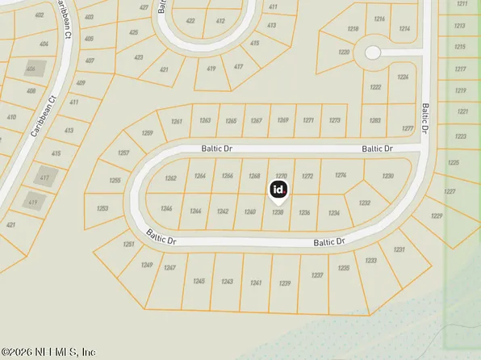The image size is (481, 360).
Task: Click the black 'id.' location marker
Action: pyautogui.click(x=278, y=190)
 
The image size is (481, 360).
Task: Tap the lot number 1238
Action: pyautogui.click(x=278, y=212)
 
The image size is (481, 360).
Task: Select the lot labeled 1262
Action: pyautogui.click(x=170, y=178)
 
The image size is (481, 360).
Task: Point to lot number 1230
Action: pyautogui.click(x=388, y=176)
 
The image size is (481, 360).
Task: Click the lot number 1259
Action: pyautogui.click(x=147, y=132)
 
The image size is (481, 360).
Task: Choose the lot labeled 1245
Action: pyautogui.click(x=199, y=281)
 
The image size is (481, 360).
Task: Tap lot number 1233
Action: pyautogui.click(x=371, y=260)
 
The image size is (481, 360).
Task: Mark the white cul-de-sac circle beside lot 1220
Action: pyautogui.click(x=372, y=52)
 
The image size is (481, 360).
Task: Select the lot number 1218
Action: pyautogui.click(x=353, y=29)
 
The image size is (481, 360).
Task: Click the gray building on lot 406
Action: pyautogui.click(x=34, y=69)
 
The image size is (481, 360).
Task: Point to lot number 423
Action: pyautogui.click(x=138, y=57)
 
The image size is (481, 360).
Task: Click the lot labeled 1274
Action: pyautogui.click(x=341, y=175)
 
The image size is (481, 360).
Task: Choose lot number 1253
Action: pyautogui.click(x=102, y=208)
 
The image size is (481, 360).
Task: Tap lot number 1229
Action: pyautogui.click(x=437, y=216)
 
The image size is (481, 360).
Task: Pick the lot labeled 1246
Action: pyautogui.click(x=167, y=208)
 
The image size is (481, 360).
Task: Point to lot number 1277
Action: pyautogui.click(x=407, y=129)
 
